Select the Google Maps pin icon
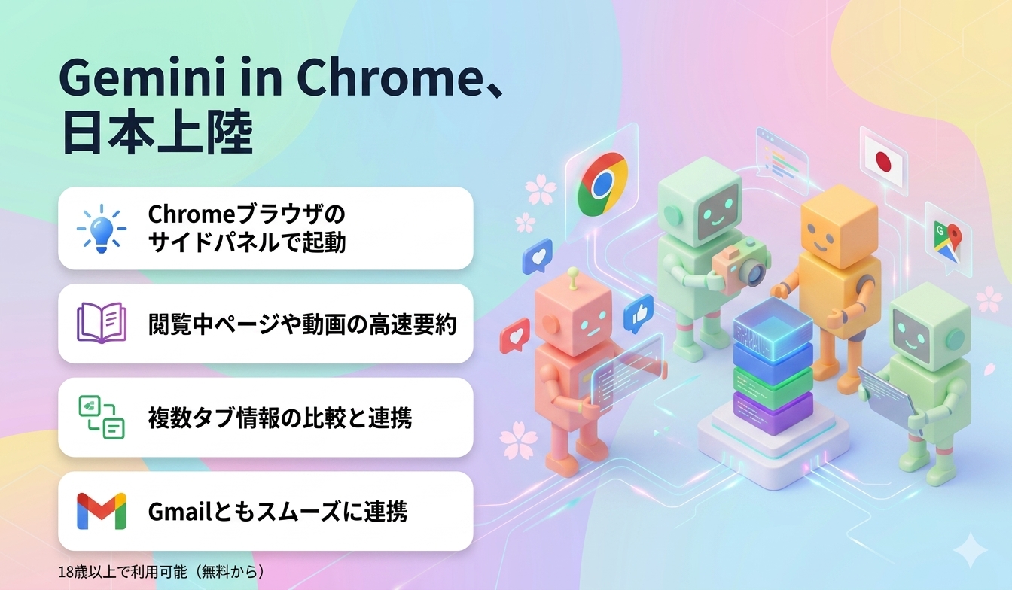(x=946, y=240)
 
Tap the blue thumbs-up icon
(x=639, y=312)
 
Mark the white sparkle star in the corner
(x=970, y=549)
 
